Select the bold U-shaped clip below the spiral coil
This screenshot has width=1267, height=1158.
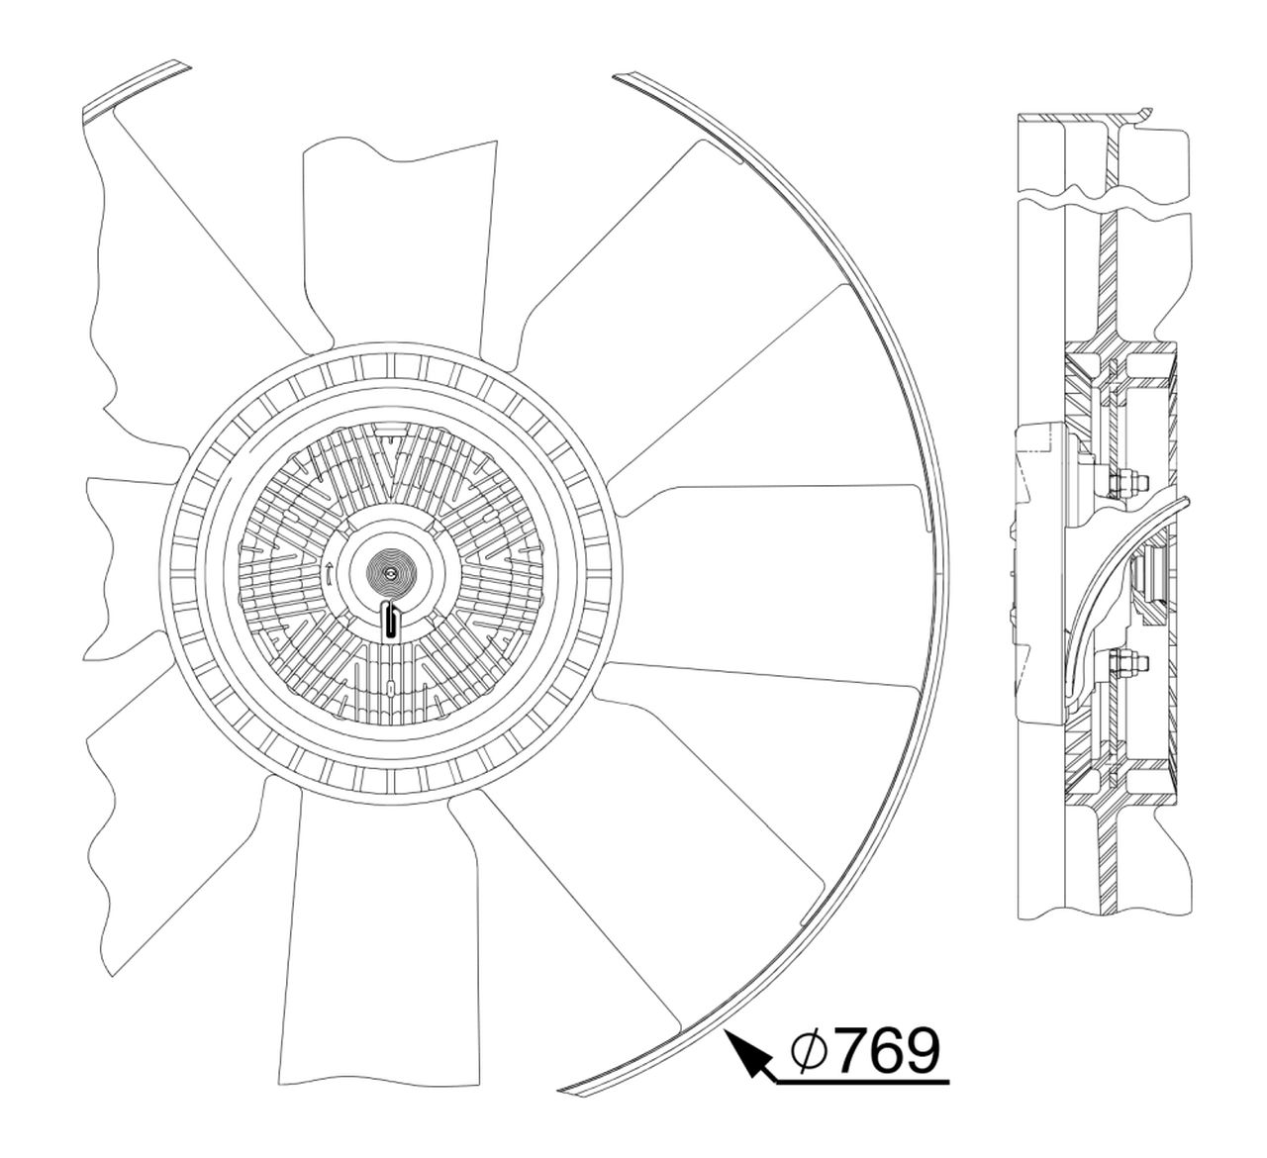click(x=392, y=621)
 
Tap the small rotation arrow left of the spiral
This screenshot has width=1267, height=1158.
click(x=329, y=571)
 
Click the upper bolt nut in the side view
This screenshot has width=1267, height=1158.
click(x=1126, y=485)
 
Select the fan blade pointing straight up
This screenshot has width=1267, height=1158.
click(x=396, y=247)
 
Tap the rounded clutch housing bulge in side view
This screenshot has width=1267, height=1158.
click(x=1039, y=574)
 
